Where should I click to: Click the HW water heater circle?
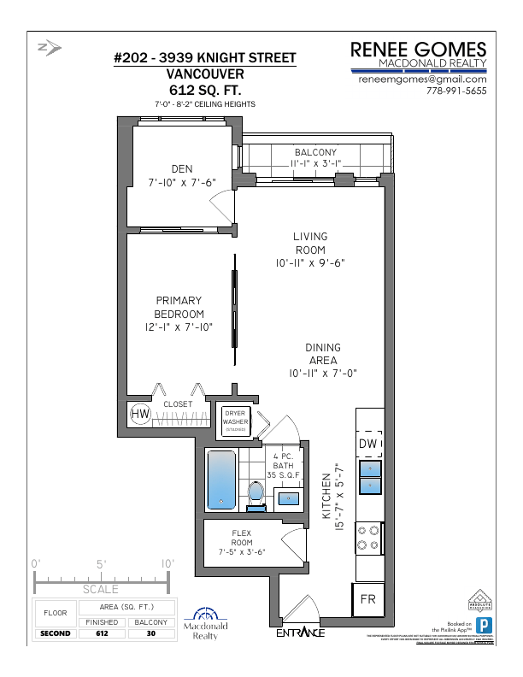[140, 415]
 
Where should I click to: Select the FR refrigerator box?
[368, 598]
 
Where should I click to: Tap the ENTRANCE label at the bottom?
[300, 633]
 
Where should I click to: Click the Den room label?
[181, 168]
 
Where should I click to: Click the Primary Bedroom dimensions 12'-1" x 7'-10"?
[179, 327]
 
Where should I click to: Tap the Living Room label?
[310, 243]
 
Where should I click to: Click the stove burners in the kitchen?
[368, 537]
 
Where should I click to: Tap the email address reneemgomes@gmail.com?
[422, 79]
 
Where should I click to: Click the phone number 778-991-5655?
[455, 91]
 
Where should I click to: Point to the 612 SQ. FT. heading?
[205, 89]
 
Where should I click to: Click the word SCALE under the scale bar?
[101, 589]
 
